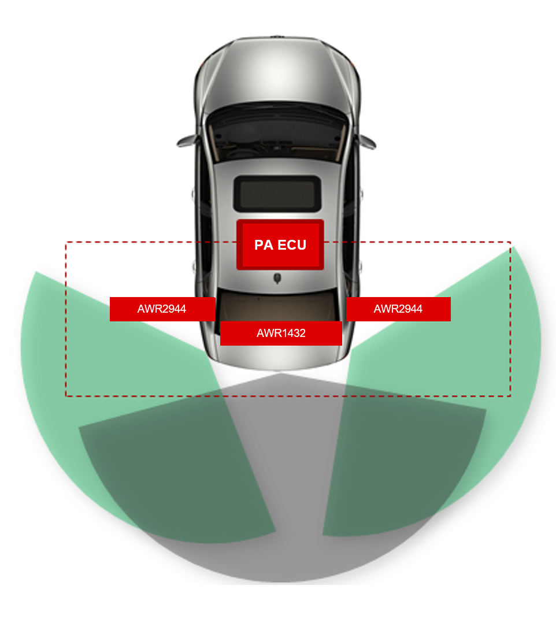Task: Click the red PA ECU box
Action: (x=280, y=244)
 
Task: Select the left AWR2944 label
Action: (x=162, y=309)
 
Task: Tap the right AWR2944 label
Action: (x=398, y=309)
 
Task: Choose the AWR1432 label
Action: (x=281, y=333)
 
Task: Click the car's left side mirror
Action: (x=186, y=141)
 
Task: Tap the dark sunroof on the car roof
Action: (x=277, y=194)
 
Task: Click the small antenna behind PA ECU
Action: (x=277, y=279)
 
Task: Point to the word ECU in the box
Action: (x=292, y=244)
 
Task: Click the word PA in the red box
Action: (x=264, y=244)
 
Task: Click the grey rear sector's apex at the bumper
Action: (x=280, y=373)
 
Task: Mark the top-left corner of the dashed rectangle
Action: (x=66, y=242)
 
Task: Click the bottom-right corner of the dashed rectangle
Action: (x=510, y=395)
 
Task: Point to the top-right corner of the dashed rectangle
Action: (x=510, y=242)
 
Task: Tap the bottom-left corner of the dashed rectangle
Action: (x=66, y=395)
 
